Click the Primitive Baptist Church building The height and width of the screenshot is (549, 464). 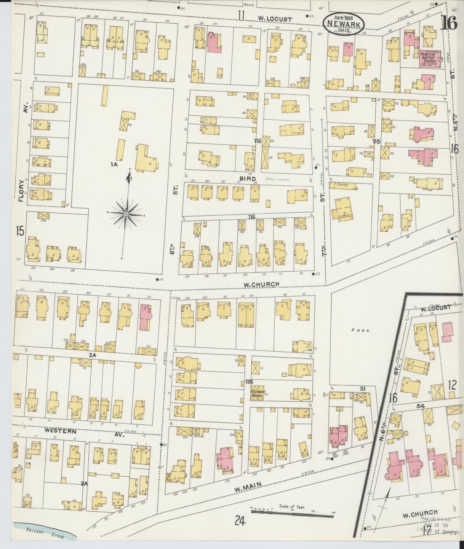pyautogui.click(x=430, y=58)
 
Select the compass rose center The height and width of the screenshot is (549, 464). pyautogui.click(x=126, y=214)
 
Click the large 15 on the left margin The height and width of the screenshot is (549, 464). pyautogui.click(x=20, y=230)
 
